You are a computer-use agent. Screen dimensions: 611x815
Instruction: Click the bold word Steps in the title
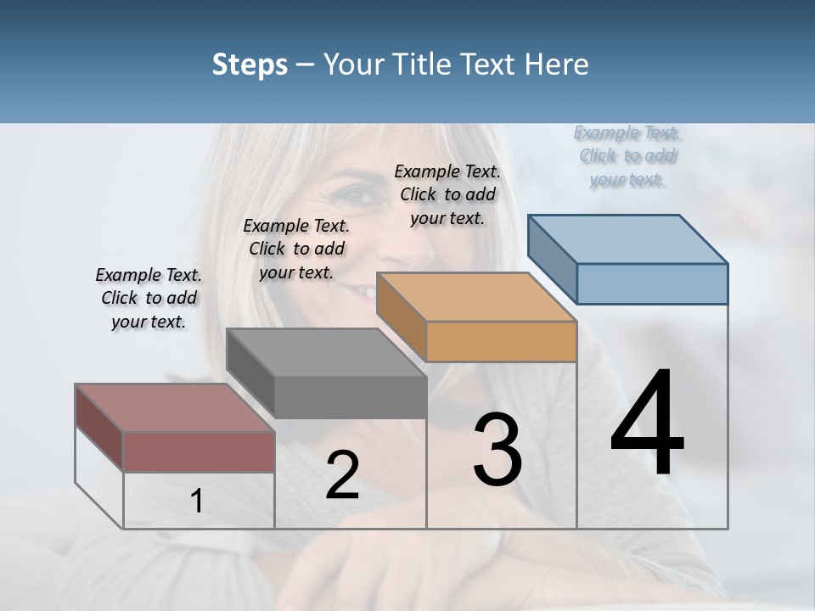tap(250, 64)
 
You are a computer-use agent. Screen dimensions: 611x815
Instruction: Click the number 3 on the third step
tap(497, 450)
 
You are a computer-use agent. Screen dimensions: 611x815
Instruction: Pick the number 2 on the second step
tap(342, 475)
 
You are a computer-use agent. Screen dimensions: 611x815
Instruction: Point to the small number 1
tap(197, 502)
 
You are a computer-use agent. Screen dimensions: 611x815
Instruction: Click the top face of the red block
tap(174, 408)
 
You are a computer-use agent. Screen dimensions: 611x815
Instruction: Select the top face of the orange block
tap(476, 297)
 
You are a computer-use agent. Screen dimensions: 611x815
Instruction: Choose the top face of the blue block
tap(627, 239)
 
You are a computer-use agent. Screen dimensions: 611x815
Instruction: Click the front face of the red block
tap(199, 452)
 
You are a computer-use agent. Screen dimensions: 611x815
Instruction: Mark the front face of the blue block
tap(652, 283)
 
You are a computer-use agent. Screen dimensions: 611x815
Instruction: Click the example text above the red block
tap(149, 298)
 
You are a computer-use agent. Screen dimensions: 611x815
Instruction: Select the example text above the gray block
tap(296, 249)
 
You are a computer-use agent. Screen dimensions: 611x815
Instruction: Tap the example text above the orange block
tap(447, 194)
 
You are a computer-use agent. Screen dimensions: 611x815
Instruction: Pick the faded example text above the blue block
tap(627, 155)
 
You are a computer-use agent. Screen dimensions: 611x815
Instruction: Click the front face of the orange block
tap(501, 342)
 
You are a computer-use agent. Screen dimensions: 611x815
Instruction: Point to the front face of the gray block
tap(350, 397)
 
